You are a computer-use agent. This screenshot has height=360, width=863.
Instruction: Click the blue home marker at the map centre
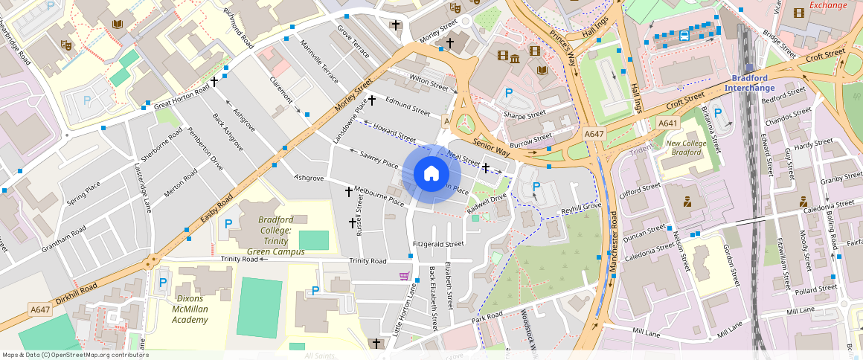(x=431, y=174)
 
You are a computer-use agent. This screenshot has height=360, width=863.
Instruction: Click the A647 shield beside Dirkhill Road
(x=40, y=309)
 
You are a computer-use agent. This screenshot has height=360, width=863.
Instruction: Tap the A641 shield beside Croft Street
(x=668, y=123)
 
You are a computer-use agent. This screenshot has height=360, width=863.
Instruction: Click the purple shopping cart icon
(x=403, y=276)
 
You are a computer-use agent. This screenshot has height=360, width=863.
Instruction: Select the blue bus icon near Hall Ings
(x=684, y=35)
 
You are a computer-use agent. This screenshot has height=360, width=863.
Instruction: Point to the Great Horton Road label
(x=182, y=98)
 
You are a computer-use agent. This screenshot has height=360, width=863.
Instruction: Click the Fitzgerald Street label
(x=437, y=244)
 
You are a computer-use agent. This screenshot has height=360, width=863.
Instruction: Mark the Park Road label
(x=487, y=316)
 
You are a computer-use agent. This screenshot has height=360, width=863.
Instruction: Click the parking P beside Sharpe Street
(x=509, y=94)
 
